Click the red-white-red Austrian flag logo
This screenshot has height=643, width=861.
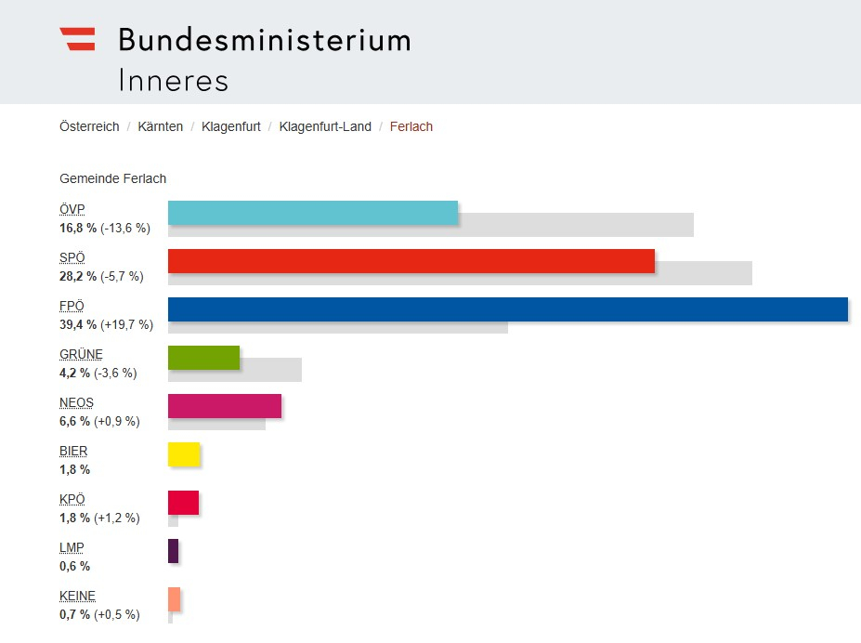coord(77,39)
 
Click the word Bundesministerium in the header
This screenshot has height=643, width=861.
coord(264,40)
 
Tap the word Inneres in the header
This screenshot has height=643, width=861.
coord(173,80)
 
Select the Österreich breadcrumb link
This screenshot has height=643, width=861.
coord(89,126)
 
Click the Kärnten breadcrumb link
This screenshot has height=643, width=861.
coord(160,126)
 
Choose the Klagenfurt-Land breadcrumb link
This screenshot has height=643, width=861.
coord(325,126)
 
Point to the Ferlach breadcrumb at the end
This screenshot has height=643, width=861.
coord(411,126)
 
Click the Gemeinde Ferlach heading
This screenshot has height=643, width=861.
coord(112,178)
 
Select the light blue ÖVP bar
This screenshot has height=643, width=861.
coord(313,212)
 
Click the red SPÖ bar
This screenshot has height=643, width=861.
coord(411,260)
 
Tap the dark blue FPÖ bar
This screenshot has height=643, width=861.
coord(508,308)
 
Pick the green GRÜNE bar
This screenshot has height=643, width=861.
coord(203,358)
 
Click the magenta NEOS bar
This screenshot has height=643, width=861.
coord(225,406)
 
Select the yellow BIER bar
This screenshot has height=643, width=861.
coord(184,454)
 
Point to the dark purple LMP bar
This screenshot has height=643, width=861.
coord(173,551)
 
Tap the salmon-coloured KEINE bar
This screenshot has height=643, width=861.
coord(174,599)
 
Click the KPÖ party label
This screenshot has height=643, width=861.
coord(72,499)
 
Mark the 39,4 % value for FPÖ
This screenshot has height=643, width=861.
coord(78,324)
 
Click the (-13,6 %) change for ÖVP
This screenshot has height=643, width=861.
coord(125,228)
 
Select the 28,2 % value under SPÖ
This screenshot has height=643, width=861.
coord(78,276)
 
